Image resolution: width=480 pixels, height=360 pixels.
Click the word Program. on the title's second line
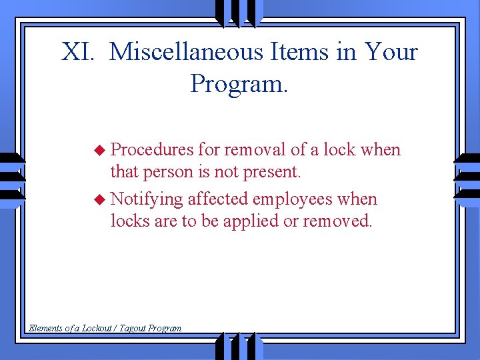[239, 84]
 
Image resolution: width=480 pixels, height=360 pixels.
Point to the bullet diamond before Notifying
[99, 199]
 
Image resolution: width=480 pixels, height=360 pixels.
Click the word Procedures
[152, 150]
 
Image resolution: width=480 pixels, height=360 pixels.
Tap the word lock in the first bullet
[339, 150]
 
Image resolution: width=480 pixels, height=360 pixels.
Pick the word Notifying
[147, 199]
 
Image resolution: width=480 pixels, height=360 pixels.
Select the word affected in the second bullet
[214, 199]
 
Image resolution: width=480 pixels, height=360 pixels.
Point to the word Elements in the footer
[44, 328]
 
